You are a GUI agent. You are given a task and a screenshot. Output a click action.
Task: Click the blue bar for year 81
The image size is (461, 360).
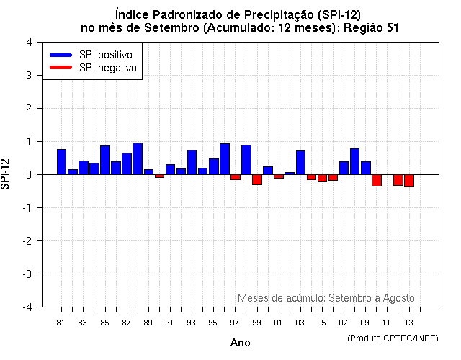pos(61,162)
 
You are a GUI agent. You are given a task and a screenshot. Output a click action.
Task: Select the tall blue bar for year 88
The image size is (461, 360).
pos(138,158)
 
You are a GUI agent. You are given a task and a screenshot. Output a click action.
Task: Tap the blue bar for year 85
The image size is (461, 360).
pos(105,160)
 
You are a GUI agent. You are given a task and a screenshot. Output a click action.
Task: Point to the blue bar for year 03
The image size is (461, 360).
pos(300,163)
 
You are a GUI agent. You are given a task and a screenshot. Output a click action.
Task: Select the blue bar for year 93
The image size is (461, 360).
pos(192,162)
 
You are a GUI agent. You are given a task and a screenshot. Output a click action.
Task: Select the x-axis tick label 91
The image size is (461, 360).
pos(169,323)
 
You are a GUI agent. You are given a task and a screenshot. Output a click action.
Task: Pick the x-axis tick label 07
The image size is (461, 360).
pos(344,323)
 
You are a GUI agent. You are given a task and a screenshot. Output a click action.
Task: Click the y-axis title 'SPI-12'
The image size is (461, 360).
pos(7,174)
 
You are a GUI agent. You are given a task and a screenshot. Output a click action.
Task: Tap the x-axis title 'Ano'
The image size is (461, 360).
pos(241,343)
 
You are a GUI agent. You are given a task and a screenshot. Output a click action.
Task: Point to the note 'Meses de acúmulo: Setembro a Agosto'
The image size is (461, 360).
pos(326,298)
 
